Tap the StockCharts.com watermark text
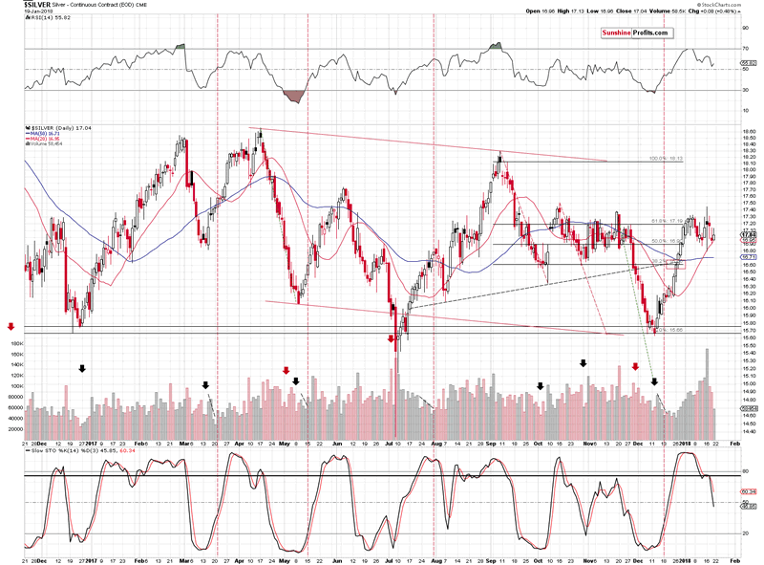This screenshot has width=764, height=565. tap(734, 15)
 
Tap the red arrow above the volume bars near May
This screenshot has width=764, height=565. tap(285, 370)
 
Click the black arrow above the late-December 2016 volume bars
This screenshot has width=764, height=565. tap(82, 368)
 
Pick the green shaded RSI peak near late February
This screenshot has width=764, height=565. tap(181, 46)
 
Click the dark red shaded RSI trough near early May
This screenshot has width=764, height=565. tap(295, 97)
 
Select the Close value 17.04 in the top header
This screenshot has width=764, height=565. tap(632, 5)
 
